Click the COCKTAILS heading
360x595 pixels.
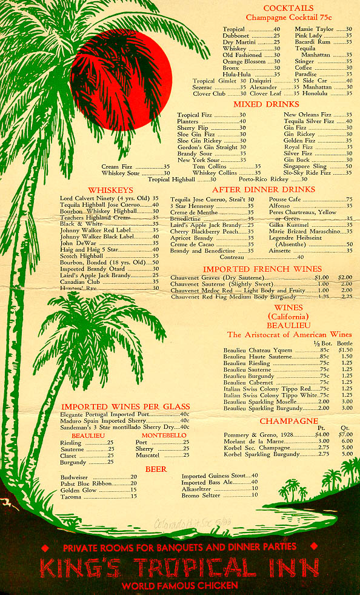tap(288, 8)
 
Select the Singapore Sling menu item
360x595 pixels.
tap(305, 166)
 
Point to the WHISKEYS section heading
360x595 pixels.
tap(111, 190)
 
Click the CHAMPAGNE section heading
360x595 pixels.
tap(288, 421)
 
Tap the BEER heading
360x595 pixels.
tap(156, 469)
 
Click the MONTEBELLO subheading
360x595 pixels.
tap(164, 435)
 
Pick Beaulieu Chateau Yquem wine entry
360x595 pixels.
tap(258, 351)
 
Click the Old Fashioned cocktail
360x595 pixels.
tap(243, 55)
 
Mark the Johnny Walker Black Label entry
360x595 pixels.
tap(96, 237)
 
